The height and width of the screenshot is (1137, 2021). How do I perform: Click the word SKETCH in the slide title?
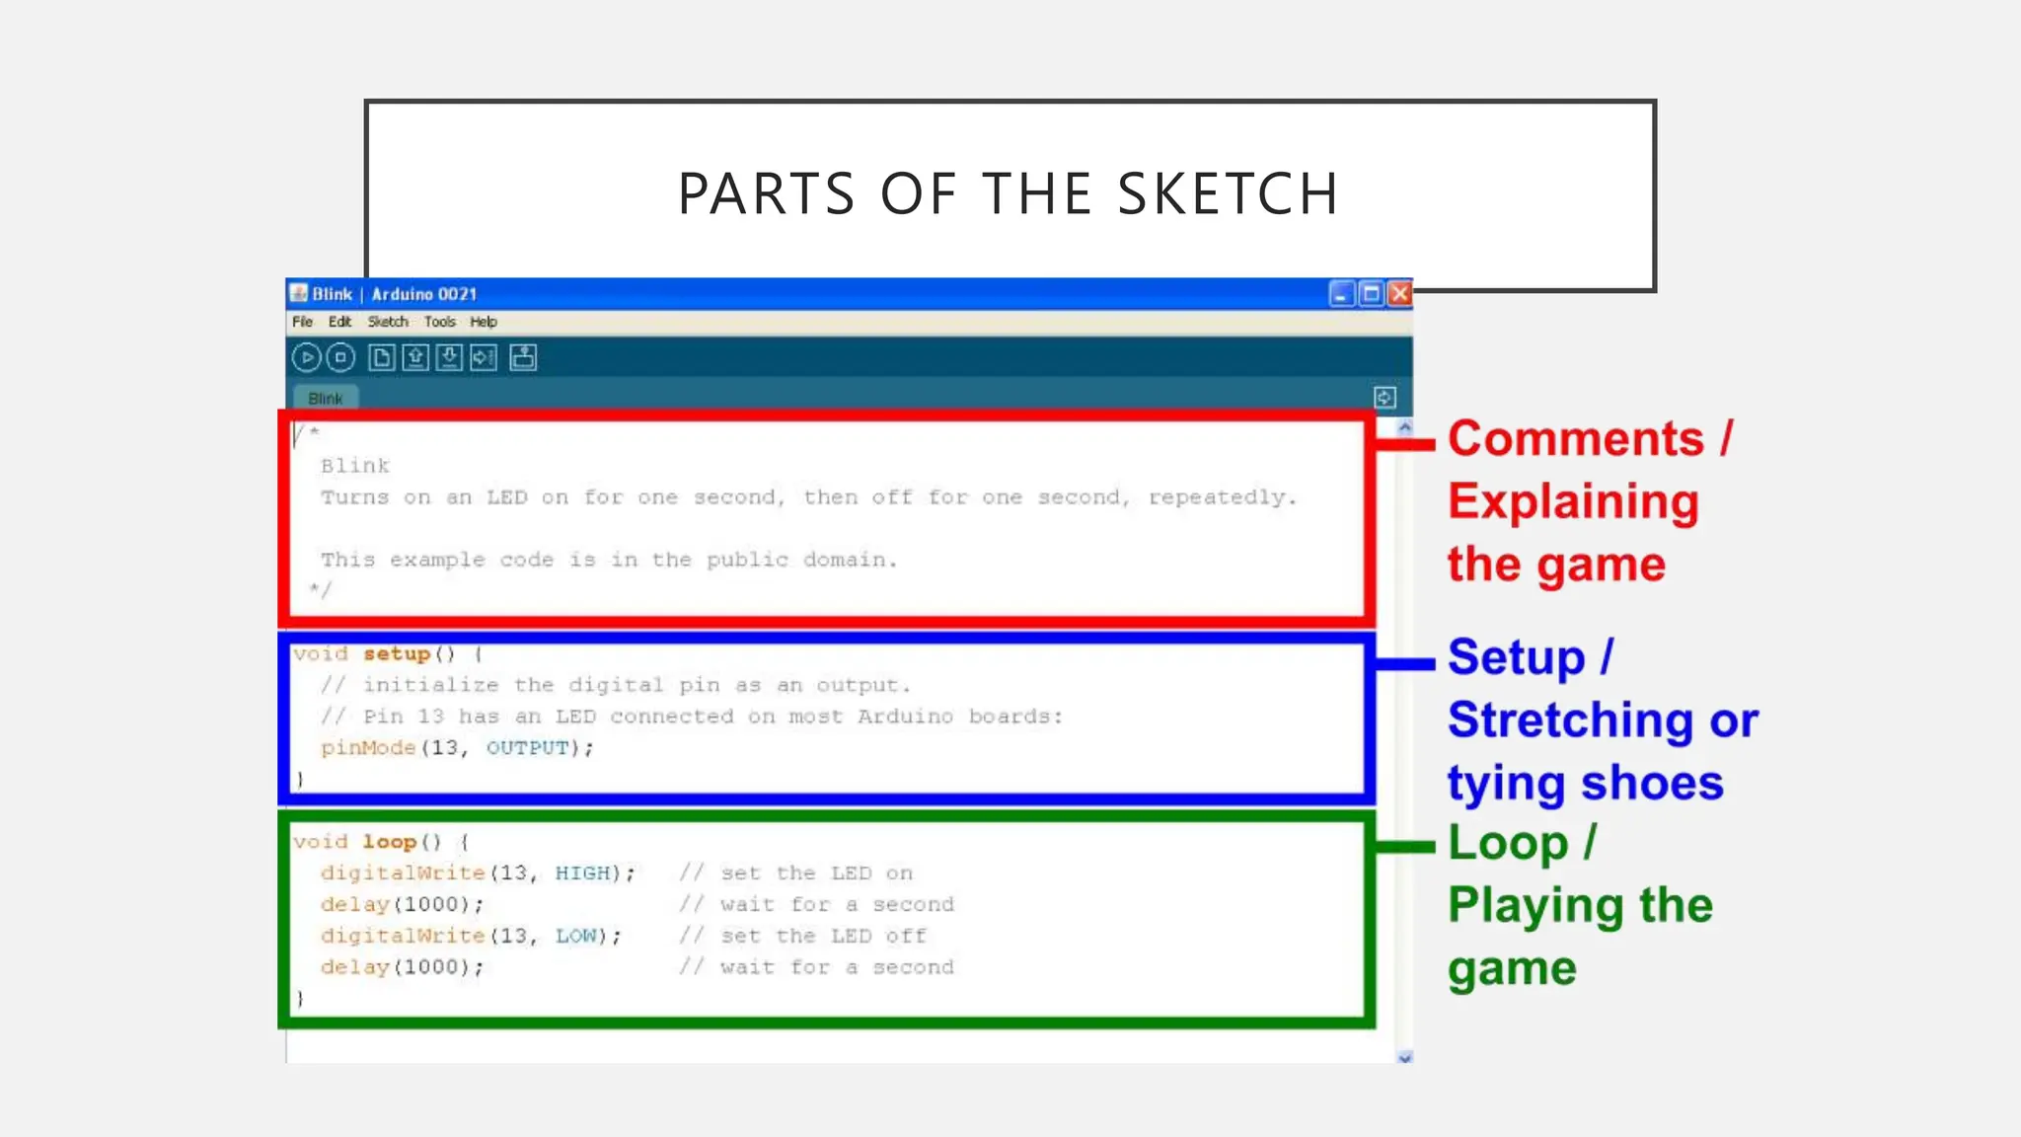[x=1229, y=193]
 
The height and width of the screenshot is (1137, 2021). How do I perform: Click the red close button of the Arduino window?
[x=1399, y=294]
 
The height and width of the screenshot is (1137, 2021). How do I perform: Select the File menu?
[x=302, y=322]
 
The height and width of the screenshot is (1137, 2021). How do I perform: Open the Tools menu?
[x=440, y=322]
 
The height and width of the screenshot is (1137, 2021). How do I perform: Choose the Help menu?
[x=484, y=322]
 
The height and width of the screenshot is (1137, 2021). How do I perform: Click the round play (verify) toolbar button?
[x=306, y=357]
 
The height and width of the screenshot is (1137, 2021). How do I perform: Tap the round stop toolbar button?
[x=340, y=357]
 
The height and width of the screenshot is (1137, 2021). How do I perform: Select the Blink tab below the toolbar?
[x=326, y=399]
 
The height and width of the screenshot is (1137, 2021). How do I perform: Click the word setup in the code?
[x=397, y=653]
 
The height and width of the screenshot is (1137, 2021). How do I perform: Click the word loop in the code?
[x=390, y=842]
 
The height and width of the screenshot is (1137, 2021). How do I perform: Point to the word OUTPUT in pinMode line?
[x=528, y=748]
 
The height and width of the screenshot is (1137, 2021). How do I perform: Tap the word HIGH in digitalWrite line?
[x=582, y=873]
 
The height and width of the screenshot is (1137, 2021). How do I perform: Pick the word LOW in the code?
[x=576, y=936]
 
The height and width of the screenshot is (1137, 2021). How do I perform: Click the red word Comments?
[x=1576, y=439]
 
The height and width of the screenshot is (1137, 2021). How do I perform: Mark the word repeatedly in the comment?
[x=1221, y=497]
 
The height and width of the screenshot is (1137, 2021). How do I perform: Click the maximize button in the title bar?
[x=1371, y=294]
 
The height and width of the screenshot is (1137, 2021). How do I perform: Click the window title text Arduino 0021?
[x=424, y=294]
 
